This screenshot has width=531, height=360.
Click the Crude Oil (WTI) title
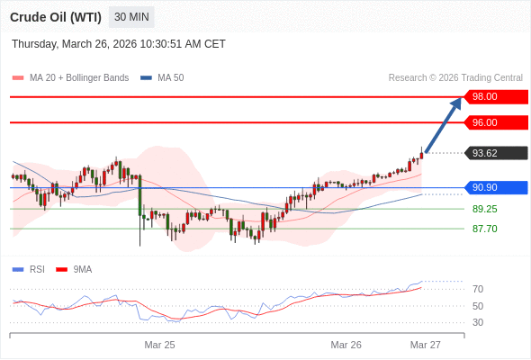pyautogui.click(x=56, y=17)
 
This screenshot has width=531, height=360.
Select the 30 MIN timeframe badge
pyautogui.click(x=131, y=17)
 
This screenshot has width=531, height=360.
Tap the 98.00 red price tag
pyautogui.click(x=496, y=97)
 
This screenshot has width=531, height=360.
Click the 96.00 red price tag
pyautogui.click(x=496, y=122)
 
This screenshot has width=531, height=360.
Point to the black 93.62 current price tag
pyautogui.click(x=496, y=153)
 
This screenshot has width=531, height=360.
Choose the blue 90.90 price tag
pyautogui.click(x=496, y=187)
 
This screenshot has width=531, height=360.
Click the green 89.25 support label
pyautogui.click(x=485, y=209)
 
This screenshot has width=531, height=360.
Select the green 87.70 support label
pyautogui.click(x=485, y=229)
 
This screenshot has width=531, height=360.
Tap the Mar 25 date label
pyautogui.click(x=159, y=345)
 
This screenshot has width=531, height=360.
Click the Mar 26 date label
pyautogui.click(x=346, y=345)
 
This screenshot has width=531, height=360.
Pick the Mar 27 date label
pyautogui.click(x=426, y=345)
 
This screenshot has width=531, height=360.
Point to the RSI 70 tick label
pyautogui.click(x=478, y=289)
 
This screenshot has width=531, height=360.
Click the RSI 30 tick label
pyautogui.click(x=478, y=322)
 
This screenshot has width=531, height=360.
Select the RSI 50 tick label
pyautogui.click(x=478, y=306)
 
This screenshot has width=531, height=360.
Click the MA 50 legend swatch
pyautogui.click(x=146, y=78)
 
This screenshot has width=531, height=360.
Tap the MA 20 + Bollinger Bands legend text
pyautogui.click(x=79, y=78)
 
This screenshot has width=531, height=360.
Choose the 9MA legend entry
pyautogui.click(x=74, y=270)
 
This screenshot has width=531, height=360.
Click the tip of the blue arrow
pyautogui.click(x=461, y=97)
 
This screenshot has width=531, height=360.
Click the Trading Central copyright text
pyautogui.click(x=455, y=78)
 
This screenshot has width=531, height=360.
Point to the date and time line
pyautogui.click(x=119, y=44)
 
